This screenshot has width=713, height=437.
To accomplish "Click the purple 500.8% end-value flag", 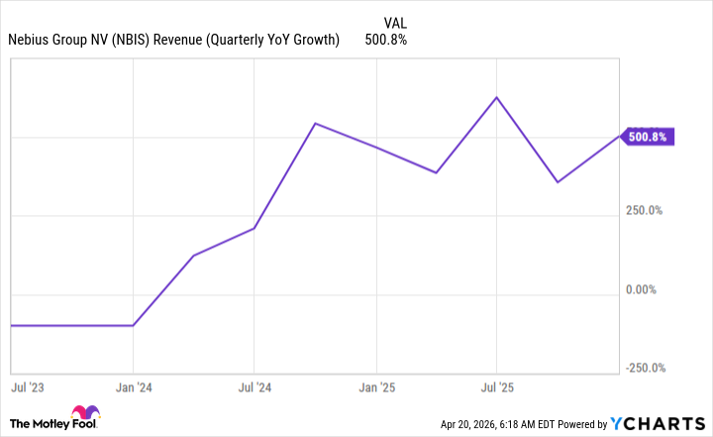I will [x=647, y=137].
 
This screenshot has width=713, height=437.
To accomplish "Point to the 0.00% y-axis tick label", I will [x=642, y=289].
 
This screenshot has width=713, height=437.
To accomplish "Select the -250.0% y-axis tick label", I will [x=644, y=368].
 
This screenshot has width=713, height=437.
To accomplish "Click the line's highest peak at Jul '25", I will [x=496, y=97].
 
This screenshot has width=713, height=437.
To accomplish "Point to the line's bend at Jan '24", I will [x=134, y=325].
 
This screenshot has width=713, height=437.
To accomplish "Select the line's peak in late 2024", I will [x=315, y=124].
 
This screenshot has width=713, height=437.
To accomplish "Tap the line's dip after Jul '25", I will [x=558, y=182].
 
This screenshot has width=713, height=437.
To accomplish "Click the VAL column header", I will [x=393, y=21].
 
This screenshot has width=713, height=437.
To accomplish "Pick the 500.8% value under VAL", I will [x=386, y=40].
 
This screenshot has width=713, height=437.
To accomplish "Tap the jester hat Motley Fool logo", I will [x=82, y=415].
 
